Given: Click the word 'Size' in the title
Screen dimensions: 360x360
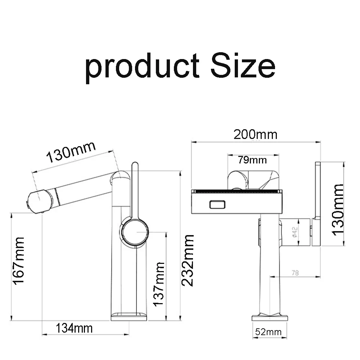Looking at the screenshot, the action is pos(243,65).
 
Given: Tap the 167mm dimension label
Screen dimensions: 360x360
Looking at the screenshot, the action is pos(18,261).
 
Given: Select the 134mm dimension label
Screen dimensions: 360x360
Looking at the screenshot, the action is pos(74,328).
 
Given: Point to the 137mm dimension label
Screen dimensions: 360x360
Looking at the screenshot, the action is pos(159,284).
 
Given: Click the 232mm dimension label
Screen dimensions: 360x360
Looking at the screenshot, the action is pos(188,261).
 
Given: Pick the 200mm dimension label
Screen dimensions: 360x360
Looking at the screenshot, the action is pos(255,135).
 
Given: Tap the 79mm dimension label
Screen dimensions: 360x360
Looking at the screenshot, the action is pos(252,160).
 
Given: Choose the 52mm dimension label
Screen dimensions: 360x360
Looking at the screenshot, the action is pos(268,332).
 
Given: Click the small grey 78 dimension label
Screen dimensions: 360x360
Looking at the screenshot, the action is pos(295,273).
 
